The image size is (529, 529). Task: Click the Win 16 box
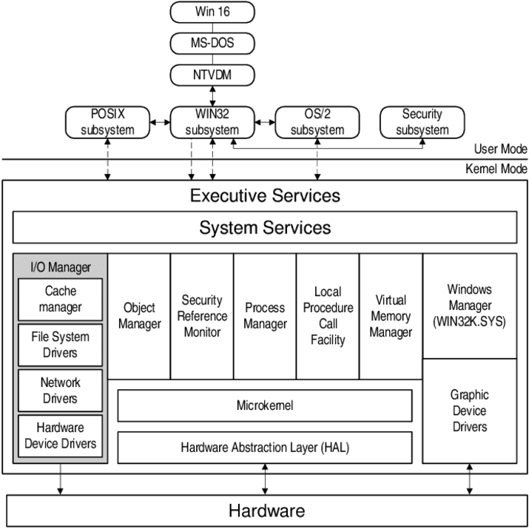coord(212,12)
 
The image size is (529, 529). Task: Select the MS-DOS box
coord(212,43)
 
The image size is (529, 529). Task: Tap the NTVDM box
coord(212,75)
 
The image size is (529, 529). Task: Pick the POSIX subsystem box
coord(107,122)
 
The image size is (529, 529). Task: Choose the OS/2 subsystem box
coord(317,122)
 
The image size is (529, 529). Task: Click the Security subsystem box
coord(422,122)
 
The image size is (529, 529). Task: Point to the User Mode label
coord(500,149)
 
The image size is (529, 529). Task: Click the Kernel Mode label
coord(496,169)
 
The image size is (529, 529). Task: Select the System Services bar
coord(265,228)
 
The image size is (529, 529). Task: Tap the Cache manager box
coord(61,299)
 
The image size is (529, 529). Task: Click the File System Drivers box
coord(61,345)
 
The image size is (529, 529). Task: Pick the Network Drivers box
coord(61,390)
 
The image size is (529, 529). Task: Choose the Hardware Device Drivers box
coord(61,436)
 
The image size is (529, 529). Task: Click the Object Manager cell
coord(139,316)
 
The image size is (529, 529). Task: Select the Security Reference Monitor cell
coord(202,316)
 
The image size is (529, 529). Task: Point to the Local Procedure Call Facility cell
coord(328,316)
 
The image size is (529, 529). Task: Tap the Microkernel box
coord(265,405)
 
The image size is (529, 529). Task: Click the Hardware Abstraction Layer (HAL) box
coord(265,448)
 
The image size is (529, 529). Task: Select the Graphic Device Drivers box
coord(469,411)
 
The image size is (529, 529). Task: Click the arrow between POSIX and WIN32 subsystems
coord(159,121)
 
